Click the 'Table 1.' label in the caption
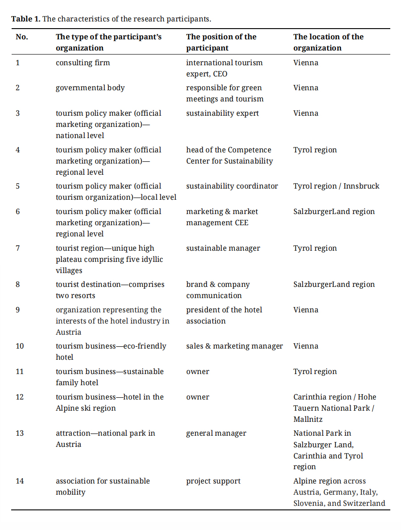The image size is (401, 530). click(26, 19)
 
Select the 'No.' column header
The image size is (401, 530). click(21, 37)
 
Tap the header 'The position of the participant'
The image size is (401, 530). click(221, 42)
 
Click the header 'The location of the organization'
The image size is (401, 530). click(328, 42)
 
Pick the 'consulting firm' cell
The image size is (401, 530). click(83, 63)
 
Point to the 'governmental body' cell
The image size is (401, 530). click(90, 88)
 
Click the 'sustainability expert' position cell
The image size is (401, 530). click(222, 113)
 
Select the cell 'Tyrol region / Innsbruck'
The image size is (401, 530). click(336, 186)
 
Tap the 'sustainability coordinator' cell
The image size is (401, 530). click(232, 186)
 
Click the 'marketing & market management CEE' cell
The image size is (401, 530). click(222, 217)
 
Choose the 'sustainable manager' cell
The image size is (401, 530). click(223, 248)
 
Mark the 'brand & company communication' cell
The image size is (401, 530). click(218, 290)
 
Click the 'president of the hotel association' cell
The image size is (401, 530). click(224, 315)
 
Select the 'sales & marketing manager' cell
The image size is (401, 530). click(234, 346)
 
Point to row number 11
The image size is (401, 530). click(20, 371)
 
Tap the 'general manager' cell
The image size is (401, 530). click(216, 433)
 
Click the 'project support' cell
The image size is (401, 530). click(213, 481)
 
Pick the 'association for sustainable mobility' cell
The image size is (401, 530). click(103, 486)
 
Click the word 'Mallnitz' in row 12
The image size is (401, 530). click(308, 419)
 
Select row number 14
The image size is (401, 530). click(20, 481)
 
